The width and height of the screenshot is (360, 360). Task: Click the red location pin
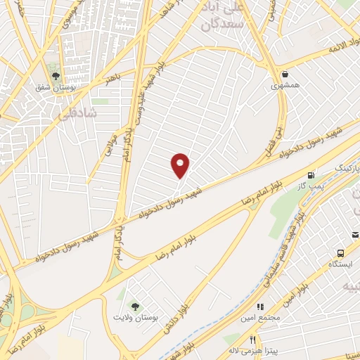click(181, 165)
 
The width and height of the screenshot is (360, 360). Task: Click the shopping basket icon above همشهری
click(285, 74)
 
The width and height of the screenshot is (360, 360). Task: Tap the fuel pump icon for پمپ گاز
click(310, 174)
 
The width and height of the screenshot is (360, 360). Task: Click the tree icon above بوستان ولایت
click(135, 307)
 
